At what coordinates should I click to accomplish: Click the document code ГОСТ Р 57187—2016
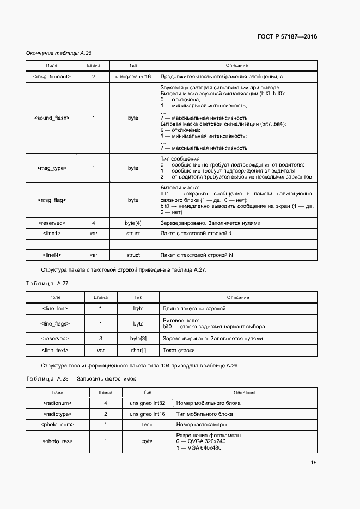coord(286,37)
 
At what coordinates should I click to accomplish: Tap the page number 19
coord(314,463)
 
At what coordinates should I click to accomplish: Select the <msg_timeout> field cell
coord(52,77)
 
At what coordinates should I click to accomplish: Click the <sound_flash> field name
coord(52,118)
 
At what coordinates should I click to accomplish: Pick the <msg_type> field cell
coord(52,168)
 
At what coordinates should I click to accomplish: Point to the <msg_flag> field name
coord(52,200)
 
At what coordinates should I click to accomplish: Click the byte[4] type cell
coord(133,223)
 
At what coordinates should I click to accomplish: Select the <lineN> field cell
coord(52,255)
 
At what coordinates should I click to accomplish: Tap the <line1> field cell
coord(52,233)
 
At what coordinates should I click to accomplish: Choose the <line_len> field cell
coord(54,309)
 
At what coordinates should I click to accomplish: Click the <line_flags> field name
coord(54,323)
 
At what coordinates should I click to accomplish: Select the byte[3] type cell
coord(138,338)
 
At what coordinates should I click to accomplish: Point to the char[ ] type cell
coord(138,351)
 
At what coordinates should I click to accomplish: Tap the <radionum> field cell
coord(57,403)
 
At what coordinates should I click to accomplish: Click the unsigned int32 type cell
coord(147,403)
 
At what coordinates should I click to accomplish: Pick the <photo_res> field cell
coord(57,441)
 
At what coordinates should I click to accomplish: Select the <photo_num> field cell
coord(57,424)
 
